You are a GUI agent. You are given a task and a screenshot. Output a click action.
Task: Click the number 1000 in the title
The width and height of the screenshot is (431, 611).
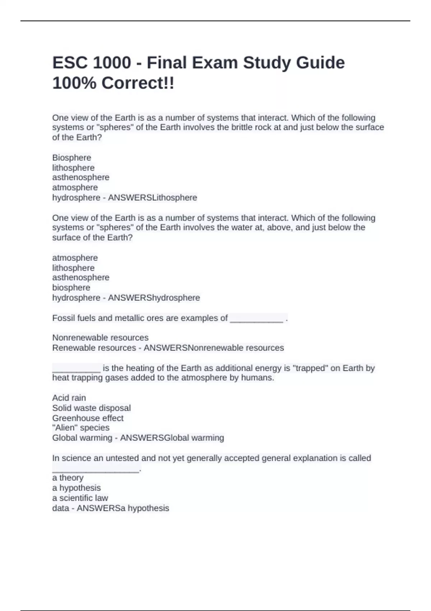click(112, 63)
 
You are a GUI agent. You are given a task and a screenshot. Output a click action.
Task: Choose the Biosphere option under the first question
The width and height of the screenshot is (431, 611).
click(71, 158)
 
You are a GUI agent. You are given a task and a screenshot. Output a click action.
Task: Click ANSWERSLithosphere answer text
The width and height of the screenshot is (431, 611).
click(153, 198)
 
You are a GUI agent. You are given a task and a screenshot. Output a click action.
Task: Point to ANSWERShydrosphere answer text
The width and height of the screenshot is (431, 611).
click(154, 298)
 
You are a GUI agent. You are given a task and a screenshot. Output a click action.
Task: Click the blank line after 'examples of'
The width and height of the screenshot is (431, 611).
click(256, 319)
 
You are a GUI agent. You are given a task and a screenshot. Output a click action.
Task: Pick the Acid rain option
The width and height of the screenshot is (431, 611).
click(69, 398)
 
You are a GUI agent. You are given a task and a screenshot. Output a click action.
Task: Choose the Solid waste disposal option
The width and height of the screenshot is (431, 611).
click(91, 408)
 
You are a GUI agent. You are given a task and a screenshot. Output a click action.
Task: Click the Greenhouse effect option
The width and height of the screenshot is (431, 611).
click(88, 418)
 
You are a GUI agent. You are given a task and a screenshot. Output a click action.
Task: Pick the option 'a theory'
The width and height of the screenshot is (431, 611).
click(68, 478)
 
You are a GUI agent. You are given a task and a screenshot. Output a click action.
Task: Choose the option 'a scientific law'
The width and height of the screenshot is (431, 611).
click(80, 498)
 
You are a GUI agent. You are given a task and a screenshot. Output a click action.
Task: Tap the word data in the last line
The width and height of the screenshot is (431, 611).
click(60, 508)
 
